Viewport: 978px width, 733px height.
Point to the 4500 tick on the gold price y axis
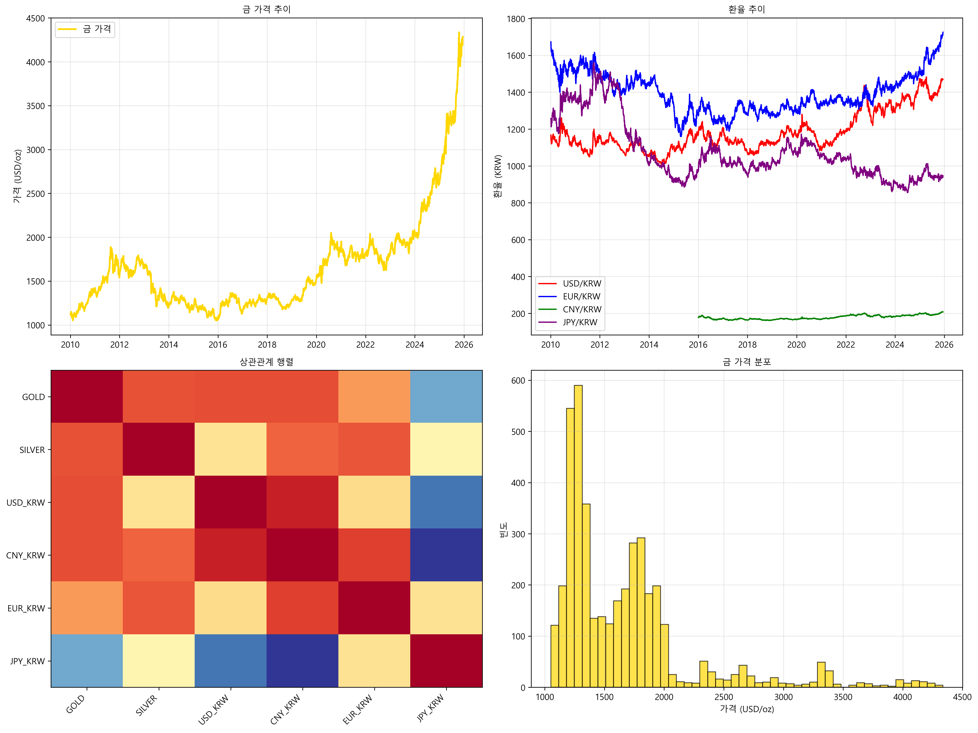coord(35,18)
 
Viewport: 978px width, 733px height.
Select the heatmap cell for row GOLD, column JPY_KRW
coord(446,396)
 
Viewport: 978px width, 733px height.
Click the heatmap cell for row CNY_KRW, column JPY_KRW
coord(446,555)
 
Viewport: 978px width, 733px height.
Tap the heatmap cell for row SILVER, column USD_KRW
coord(230,449)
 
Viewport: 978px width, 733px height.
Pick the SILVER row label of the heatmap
coord(32,450)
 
